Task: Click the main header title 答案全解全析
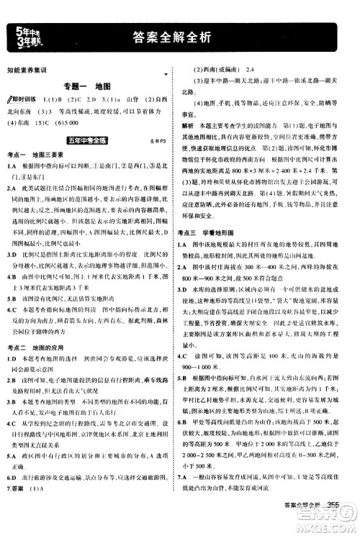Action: pyautogui.click(x=179, y=37)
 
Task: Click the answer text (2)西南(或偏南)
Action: pyautogui.click(x=216, y=70)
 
